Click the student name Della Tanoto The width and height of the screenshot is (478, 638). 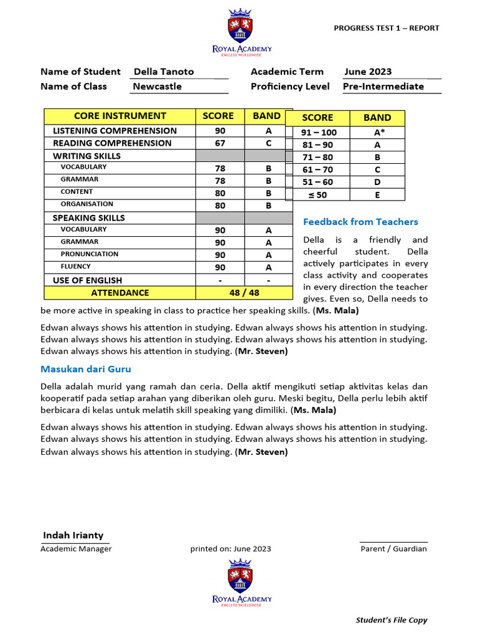click(164, 72)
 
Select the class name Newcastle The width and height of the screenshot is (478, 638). click(157, 87)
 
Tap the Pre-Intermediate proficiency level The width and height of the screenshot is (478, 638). click(383, 87)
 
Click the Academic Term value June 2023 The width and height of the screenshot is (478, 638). click(368, 72)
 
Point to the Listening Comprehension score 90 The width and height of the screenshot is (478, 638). click(220, 131)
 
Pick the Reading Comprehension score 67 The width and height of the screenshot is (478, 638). click(220, 143)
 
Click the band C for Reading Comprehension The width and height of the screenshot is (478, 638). click(269, 143)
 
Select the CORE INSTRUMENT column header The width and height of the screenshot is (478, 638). click(120, 116)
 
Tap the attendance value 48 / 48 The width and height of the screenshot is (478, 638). click(244, 292)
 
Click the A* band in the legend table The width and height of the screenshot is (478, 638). click(377, 132)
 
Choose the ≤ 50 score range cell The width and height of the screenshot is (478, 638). click(318, 194)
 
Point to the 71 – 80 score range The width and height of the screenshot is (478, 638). click(318, 157)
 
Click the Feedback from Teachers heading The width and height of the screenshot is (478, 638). click(360, 222)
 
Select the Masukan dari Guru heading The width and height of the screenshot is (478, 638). click(86, 369)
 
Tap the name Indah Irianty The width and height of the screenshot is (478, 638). click(73, 535)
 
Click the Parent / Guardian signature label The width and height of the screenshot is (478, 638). click(393, 549)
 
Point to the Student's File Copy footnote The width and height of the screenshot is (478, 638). click(391, 620)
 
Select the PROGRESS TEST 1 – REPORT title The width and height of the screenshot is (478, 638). click(387, 28)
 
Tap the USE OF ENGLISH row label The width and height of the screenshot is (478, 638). click(88, 280)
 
